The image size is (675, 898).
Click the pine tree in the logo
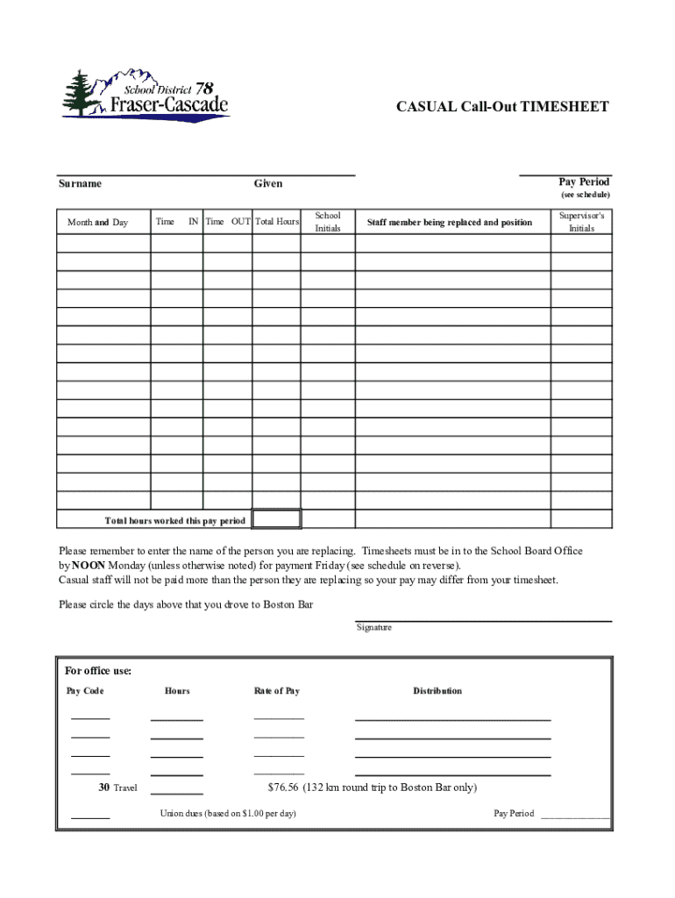coord(80,92)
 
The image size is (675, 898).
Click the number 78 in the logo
coord(203,88)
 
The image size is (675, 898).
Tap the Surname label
coord(80,183)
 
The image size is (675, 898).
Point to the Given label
coord(268,183)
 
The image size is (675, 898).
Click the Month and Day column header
coord(97,223)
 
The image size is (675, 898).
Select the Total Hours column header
coord(277,223)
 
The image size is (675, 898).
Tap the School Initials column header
coord(328,222)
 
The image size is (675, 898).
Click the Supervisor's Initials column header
coord(581,222)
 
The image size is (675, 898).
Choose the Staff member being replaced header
coord(449,223)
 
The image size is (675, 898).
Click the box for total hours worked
coord(277,519)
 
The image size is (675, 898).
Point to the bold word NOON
coord(89,566)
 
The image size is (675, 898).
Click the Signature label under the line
coord(374,628)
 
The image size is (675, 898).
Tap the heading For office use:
coord(98,671)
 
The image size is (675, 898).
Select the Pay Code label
coord(85,691)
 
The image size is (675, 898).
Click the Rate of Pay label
coord(277,691)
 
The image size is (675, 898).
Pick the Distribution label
coord(437,691)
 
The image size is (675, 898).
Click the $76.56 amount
coord(283,788)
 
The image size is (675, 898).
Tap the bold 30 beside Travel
coord(103,788)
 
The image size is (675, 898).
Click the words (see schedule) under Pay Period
coord(586,195)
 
